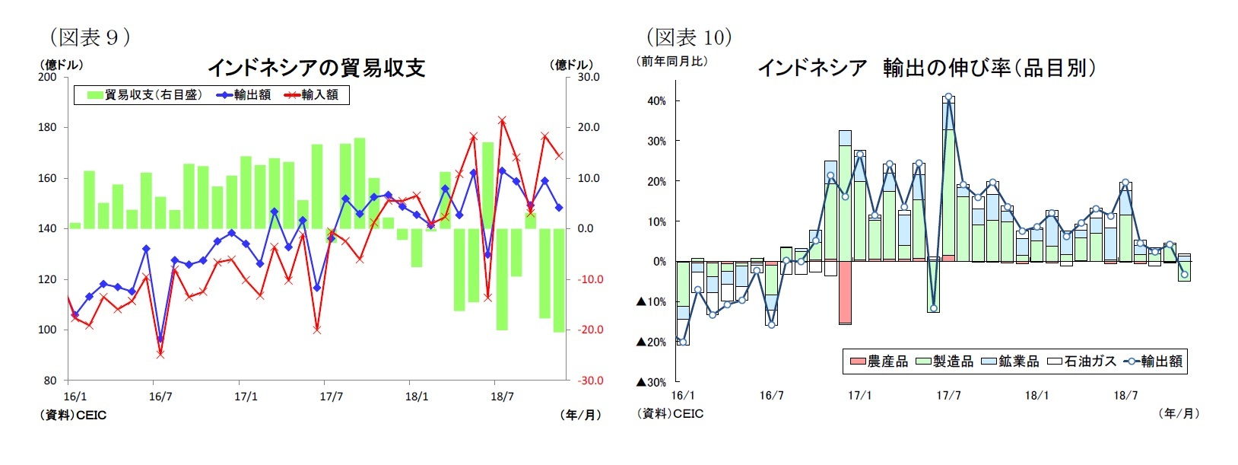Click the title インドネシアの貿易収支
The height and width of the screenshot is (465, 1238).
coord(316,68)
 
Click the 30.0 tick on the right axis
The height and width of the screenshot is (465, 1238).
coord(588,77)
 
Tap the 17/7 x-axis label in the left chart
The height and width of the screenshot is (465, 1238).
coord(331,397)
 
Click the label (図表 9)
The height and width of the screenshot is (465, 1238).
coord(90,37)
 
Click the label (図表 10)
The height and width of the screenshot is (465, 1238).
coord(688,37)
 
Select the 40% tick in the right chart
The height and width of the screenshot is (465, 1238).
coord(656,100)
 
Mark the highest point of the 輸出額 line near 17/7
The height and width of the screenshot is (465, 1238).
coord(948,97)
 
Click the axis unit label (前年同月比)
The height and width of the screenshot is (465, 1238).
coord(673,62)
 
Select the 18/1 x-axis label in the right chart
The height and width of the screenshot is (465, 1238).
coord(1036,396)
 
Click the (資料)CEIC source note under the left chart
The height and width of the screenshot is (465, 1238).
coord(73,415)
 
